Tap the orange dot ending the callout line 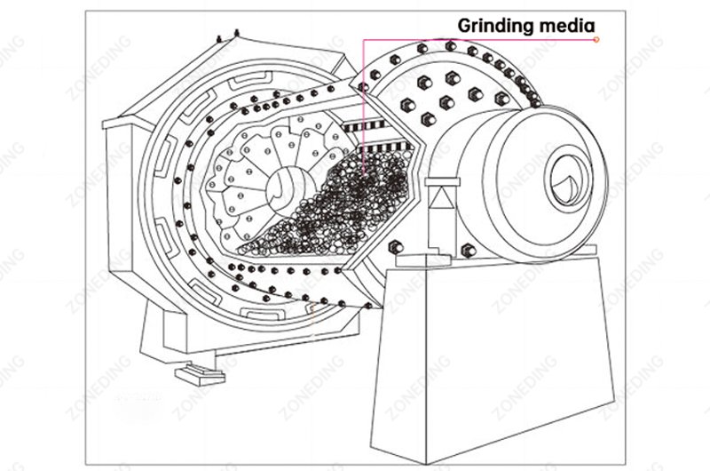[x=596, y=39]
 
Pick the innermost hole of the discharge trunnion [x=562, y=173]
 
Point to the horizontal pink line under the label [x=479, y=39]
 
